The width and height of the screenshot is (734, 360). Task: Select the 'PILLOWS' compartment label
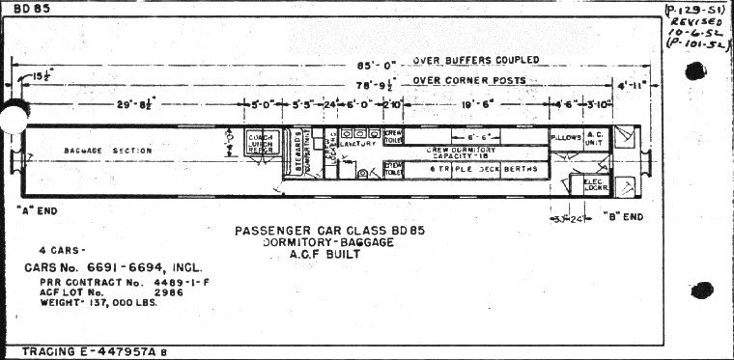coord(566,138)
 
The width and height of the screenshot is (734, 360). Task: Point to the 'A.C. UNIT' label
coord(595,140)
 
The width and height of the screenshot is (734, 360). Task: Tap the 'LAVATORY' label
coord(358,143)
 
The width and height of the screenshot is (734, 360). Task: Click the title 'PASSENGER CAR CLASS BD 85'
coord(329,230)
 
